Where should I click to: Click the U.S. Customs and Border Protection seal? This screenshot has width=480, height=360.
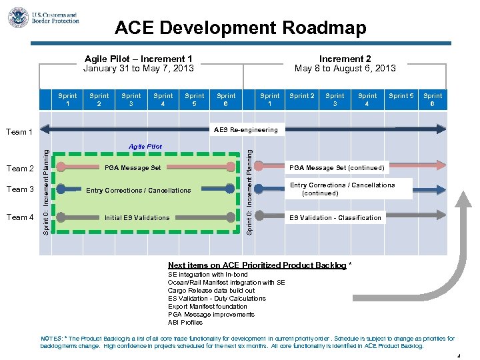[x=18, y=17]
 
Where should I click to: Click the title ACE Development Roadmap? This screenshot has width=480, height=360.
[x=240, y=28]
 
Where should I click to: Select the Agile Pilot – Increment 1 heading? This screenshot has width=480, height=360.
[x=139, y=63]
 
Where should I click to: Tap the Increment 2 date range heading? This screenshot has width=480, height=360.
[x=345, y=63]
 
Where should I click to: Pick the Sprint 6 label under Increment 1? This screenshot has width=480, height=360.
[x=226, y=100]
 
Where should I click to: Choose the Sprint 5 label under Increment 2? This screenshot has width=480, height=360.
[x=401, y=96]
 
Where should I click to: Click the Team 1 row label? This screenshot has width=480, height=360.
[x=20, y=132]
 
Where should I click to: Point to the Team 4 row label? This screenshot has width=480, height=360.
[x=20, y=217]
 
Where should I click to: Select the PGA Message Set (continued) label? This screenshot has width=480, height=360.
[x=336, y=167]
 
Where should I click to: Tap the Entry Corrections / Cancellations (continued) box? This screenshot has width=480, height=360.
[x=342, y=189]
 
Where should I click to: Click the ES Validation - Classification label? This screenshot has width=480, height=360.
[x=335, y=217]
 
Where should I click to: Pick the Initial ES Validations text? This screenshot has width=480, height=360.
[x=137, y=217]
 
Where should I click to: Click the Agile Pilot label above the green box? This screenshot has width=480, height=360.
[x=145, y=146]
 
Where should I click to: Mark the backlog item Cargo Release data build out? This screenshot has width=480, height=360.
[x=211, y=291]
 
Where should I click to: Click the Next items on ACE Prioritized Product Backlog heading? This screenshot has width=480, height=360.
[x=257, y=265]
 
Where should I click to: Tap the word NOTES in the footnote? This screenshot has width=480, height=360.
[x=51, y=339]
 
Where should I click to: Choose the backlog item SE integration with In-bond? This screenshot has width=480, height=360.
[x=207, y=275]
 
